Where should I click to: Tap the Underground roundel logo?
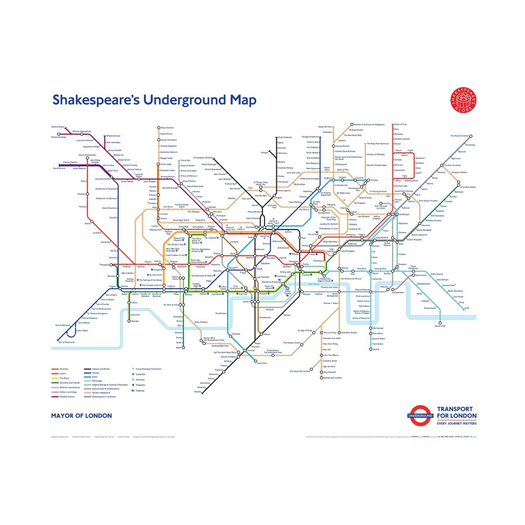pos(420,416)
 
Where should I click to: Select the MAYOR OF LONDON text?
pos(81,416)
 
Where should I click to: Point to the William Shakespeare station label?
pos(82,131)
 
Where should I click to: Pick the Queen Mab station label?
pos(440,326)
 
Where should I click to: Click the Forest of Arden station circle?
pos(470,136)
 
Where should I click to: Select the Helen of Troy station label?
pos(400,125)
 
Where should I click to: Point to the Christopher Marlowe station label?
pos(203,157)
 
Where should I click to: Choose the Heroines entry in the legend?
pos(64,369)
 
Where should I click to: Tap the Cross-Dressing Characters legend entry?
pos(148,369)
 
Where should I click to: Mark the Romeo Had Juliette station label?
pos(333,378)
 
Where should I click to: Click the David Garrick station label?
pos(59,168)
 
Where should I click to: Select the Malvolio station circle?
pos(129,321)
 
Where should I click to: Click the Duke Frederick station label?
pos(285,137)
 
